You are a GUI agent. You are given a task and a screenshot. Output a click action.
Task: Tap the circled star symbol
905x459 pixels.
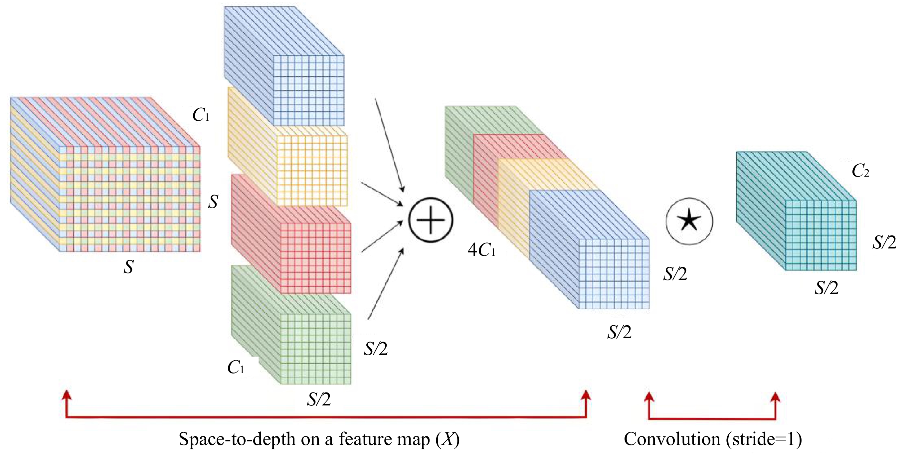(689, 221)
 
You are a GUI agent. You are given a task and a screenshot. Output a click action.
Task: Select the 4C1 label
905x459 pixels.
(482, 250)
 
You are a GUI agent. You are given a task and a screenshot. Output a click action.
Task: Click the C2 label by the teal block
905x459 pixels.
(860, 171)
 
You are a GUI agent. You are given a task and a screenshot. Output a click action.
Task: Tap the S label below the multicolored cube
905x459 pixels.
(128, 267)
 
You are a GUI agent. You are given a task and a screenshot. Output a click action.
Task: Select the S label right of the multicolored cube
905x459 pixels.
(213, 202)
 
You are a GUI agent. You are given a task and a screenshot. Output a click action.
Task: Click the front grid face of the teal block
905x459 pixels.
(821, 235)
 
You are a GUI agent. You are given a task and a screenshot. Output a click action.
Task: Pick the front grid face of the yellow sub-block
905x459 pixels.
(312, 171)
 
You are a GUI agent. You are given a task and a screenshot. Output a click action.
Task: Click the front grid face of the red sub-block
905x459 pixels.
(315, 258)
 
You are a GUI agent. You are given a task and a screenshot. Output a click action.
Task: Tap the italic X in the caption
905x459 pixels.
(448, 439)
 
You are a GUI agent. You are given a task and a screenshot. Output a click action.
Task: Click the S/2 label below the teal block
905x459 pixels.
(826, 288)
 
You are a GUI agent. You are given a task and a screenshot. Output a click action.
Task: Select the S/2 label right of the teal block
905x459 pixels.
(884, 242)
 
